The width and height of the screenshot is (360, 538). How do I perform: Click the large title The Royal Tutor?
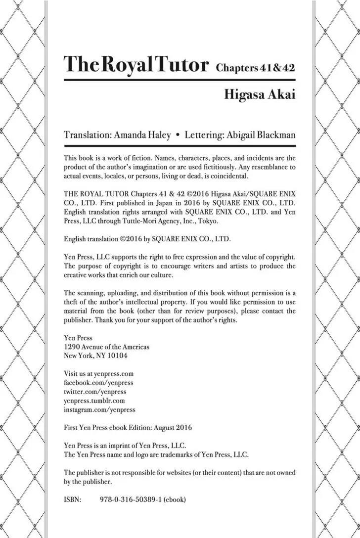click(136, 64)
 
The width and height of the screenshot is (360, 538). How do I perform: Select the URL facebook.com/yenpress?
click(98, 382)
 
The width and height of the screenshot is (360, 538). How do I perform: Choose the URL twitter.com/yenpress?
click(95, 391)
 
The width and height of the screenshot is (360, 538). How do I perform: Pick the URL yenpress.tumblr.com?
click(94, 401)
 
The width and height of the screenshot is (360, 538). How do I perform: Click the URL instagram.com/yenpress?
click(99, 409)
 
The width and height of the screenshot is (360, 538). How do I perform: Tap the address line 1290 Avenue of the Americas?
click(107, 347)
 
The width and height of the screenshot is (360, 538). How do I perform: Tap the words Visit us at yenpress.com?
click(99, 373)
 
